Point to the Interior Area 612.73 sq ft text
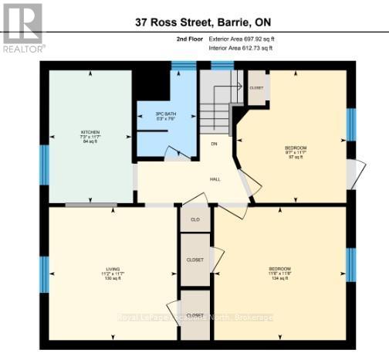point(241,48)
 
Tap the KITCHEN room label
point(91,133)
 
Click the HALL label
point(215,179)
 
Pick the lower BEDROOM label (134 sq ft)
point(279,269)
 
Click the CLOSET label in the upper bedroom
point(256,87)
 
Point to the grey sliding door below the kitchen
point(90,204)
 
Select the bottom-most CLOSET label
point(195,315)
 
